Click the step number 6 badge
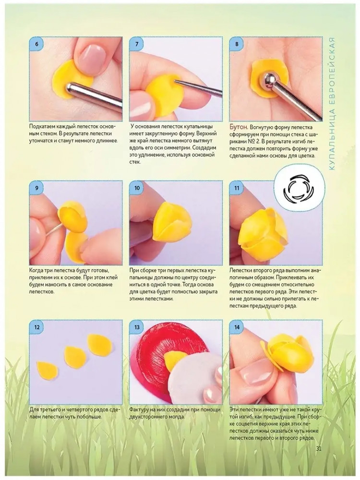37,44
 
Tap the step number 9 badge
37,188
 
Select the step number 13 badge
137,327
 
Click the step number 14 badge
237,327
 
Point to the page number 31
318,448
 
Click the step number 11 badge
237,188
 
